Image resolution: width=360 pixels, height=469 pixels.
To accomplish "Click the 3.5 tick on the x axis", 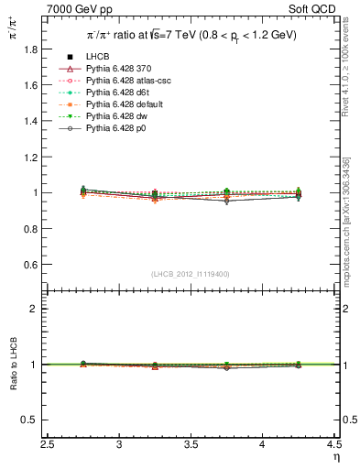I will click(x=191, y=445).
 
